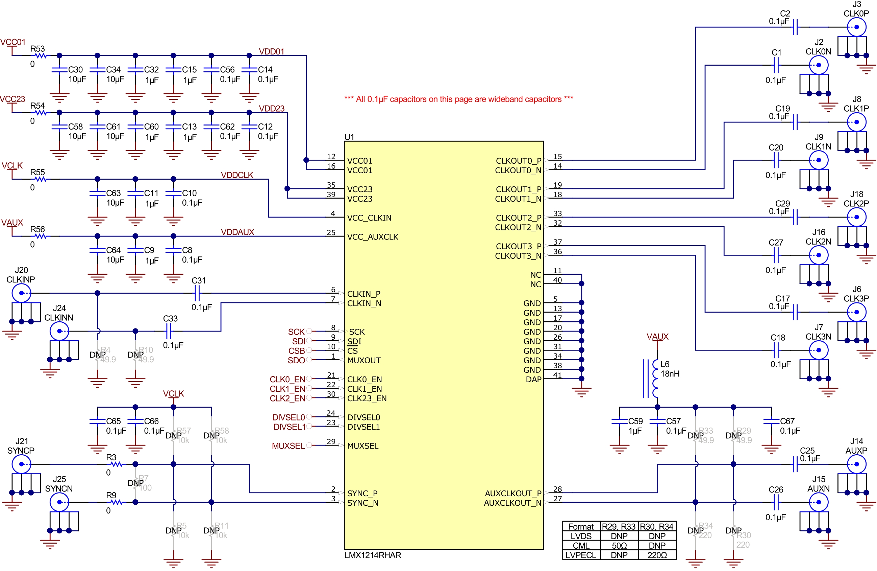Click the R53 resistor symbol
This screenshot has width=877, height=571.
pyautogui.click(x=41, y=56)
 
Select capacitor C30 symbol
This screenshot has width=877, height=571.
pyautogui.click(x=59, y=70)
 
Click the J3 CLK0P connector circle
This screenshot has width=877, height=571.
pyautogui.click(x=856, y=27)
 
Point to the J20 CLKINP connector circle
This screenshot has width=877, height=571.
pyautogui.click(x=21, y=293)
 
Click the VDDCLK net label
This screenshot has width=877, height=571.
pyautogui.click(x=237, y=175)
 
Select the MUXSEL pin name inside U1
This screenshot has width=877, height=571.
pyautogui.click(x=362, y=446)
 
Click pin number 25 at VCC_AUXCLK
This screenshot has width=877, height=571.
pyautogui.click(x=331, y=232)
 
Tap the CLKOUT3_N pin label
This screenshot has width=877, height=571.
pyautogui.click(x=518, y=256)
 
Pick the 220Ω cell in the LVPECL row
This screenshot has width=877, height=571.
pyautogui.click(x=657, y=555)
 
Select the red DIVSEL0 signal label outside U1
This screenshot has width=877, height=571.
pyautogui.click(x=289, y=417)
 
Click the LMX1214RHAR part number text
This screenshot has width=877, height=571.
pyautogui.click(x=373, y=555)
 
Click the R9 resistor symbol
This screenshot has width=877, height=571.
pyautogui.click(x=117, y=502)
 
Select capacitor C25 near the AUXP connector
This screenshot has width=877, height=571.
pyautogui.click(x=795, y=464)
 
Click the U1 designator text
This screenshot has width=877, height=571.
pyautogui.click(x=349, y=137)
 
